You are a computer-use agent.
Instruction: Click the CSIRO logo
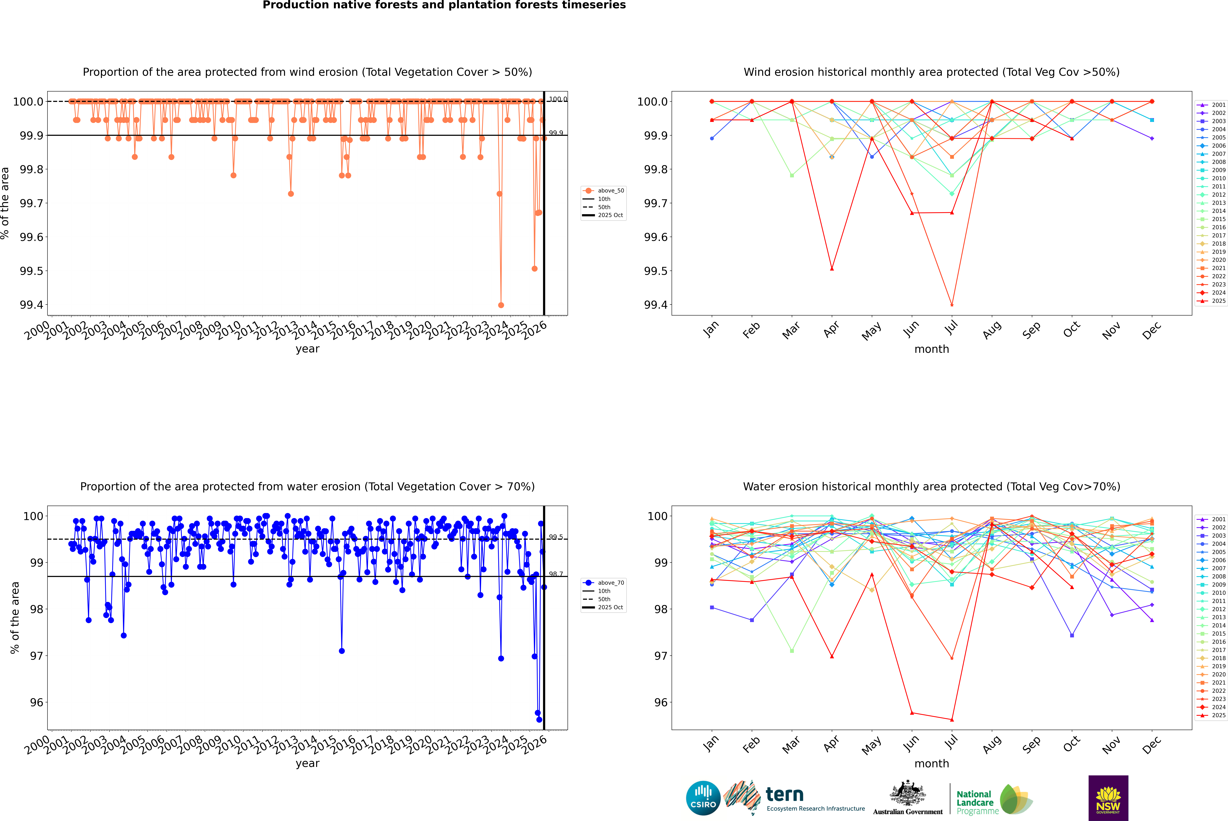(x=703, y=798)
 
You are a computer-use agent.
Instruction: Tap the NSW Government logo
(x=1108, y=798)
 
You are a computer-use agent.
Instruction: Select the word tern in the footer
(x=784, y=794)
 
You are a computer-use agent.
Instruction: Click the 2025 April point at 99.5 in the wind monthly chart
(x=832, y=269)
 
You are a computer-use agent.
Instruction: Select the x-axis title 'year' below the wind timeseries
(x=307, y=349)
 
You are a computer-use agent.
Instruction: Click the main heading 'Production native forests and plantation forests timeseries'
(x=444, y=5)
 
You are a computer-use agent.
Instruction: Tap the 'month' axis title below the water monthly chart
(x=931, y=763)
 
